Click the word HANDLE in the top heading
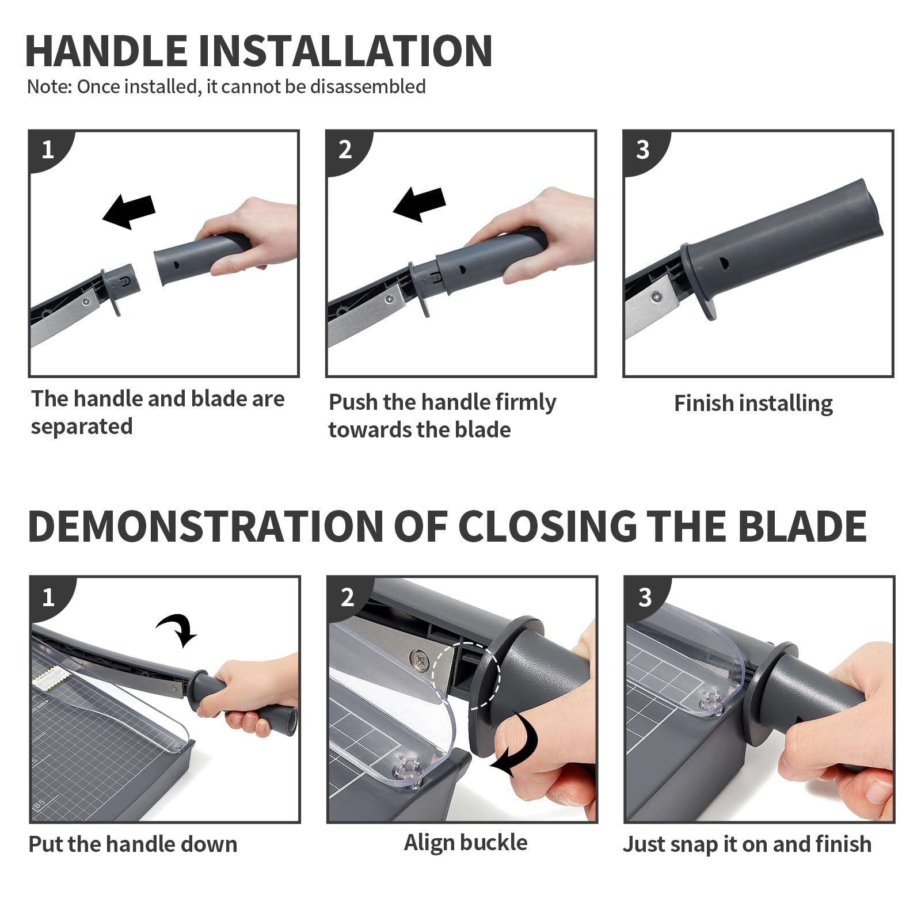click(106, 51)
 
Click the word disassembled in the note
click(368, 86)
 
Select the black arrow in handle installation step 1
click(129, 211)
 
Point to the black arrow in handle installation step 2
click(420, 204)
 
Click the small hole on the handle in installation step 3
click(724, 264)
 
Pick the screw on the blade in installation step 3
click(656, 297)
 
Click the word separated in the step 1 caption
click(82, 427)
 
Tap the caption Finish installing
click(753, 404)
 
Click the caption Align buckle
click(466, 843)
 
